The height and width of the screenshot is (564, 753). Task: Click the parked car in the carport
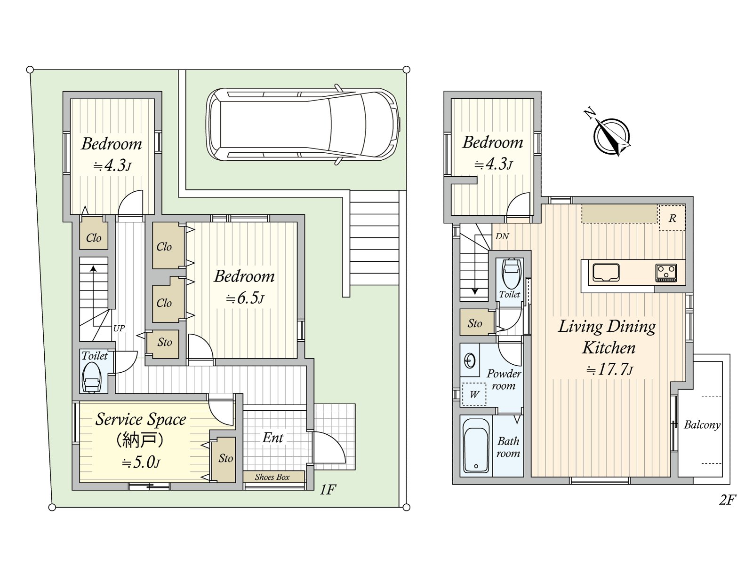(303, 125)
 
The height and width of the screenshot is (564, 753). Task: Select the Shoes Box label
(272, 477)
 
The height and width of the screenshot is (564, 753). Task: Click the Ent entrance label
(272, 438)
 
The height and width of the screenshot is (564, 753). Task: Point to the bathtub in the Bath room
(476, 446)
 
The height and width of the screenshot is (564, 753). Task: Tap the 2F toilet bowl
(512, 273)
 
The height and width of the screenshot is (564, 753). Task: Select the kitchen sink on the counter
(606, 273)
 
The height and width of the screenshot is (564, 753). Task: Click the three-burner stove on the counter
(666, 273)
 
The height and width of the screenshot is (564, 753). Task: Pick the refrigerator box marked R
(672, 218)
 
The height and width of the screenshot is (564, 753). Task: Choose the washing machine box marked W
(474, 394)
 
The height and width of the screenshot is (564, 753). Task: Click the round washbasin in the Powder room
(470, 360)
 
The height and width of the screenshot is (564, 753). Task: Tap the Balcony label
(702, 425)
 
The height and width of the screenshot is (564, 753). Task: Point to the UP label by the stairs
(119, 329)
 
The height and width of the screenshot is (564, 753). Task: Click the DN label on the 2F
(502, 236)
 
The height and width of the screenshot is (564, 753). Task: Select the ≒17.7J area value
(609, 369)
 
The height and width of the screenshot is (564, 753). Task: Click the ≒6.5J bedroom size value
(245, 298)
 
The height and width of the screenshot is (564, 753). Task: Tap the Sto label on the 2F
(475, 323)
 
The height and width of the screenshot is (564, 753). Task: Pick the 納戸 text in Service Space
(140, 441)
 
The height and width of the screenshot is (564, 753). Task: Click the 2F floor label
(727, 500)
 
